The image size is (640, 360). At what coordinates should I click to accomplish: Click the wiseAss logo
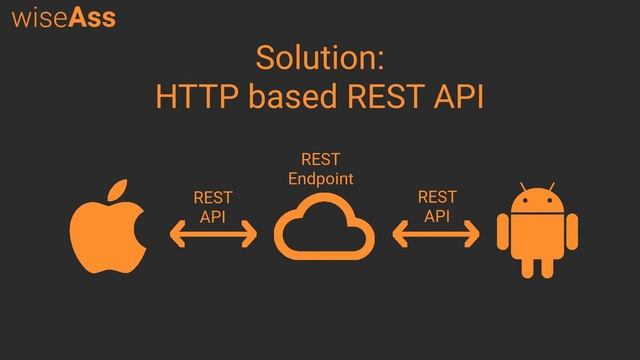[x=63, y=18]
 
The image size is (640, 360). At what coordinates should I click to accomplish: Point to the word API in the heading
[x=456, y=98]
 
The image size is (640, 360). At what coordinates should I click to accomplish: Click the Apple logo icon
[x=108, y=233]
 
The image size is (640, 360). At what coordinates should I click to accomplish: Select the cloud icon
[x=322, y=229]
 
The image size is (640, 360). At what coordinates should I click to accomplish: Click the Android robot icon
[x=536, y=232]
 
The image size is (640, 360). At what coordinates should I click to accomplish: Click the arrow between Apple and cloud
[x=213, y=237]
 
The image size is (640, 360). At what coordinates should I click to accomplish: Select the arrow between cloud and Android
[x=437, y=237]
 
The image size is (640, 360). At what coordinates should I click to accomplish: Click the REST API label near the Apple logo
[x=213, y=206]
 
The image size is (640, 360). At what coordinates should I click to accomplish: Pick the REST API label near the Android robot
[x=437, y=206]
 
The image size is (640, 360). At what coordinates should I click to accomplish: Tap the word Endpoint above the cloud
[x=321, y=178]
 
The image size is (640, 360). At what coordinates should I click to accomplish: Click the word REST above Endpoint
[x=321, y=160]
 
